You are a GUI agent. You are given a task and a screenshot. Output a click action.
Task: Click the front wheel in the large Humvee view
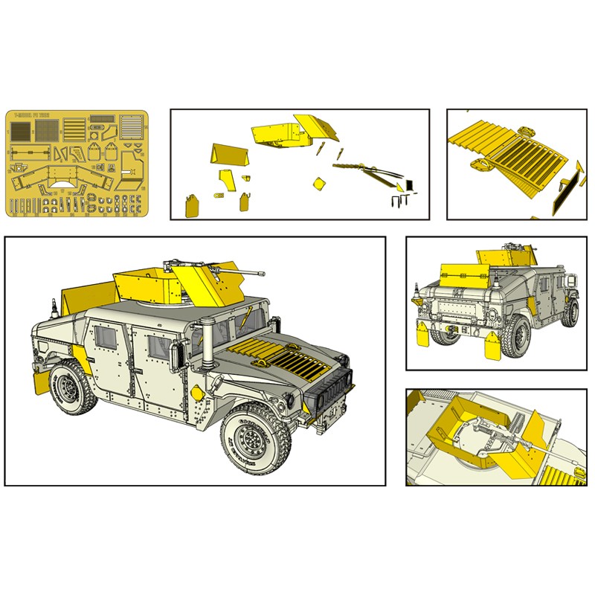[255, 440]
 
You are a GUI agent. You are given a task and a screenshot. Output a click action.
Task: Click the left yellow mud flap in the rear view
[421, 339]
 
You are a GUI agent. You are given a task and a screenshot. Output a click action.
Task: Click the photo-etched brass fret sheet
[77, 164]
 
